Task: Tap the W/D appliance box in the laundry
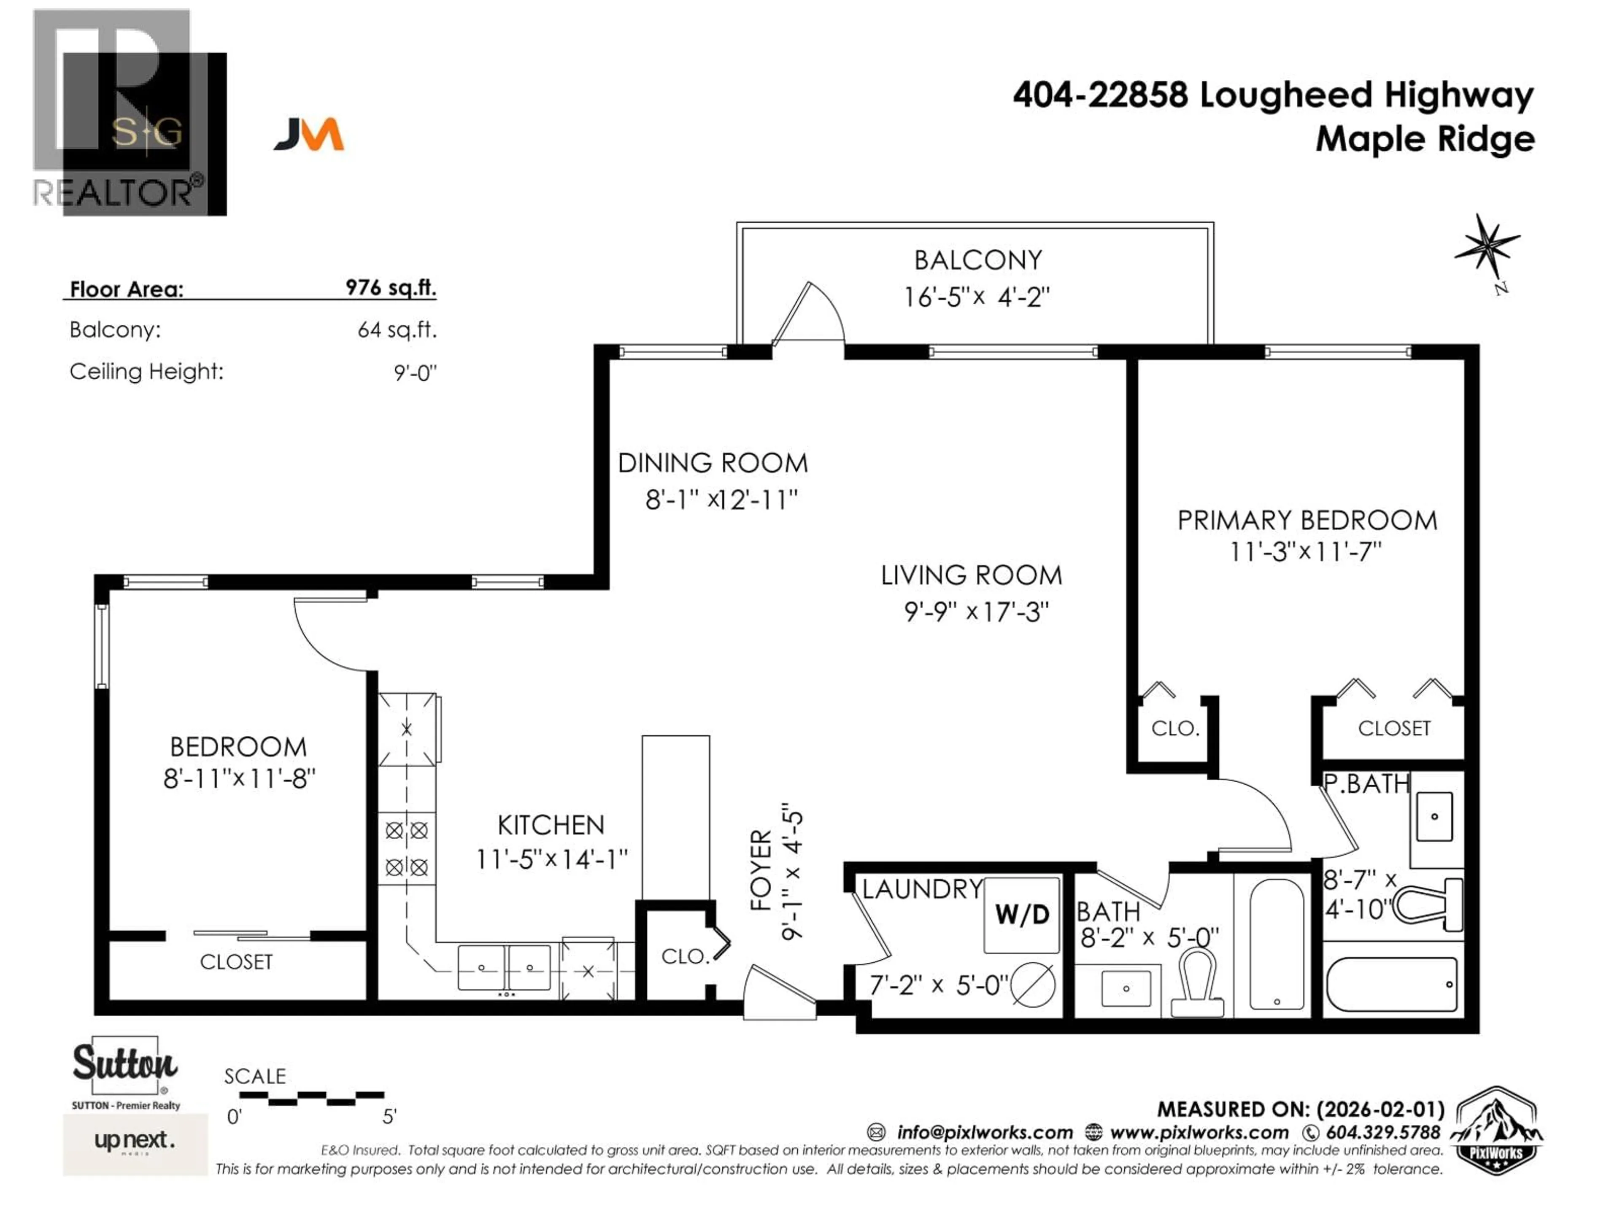click(x=1022, y=914)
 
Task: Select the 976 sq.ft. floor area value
click(x=390, y=287)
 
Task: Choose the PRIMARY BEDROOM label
click(x=1307, y=521)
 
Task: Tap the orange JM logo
click(x=309, y=135)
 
